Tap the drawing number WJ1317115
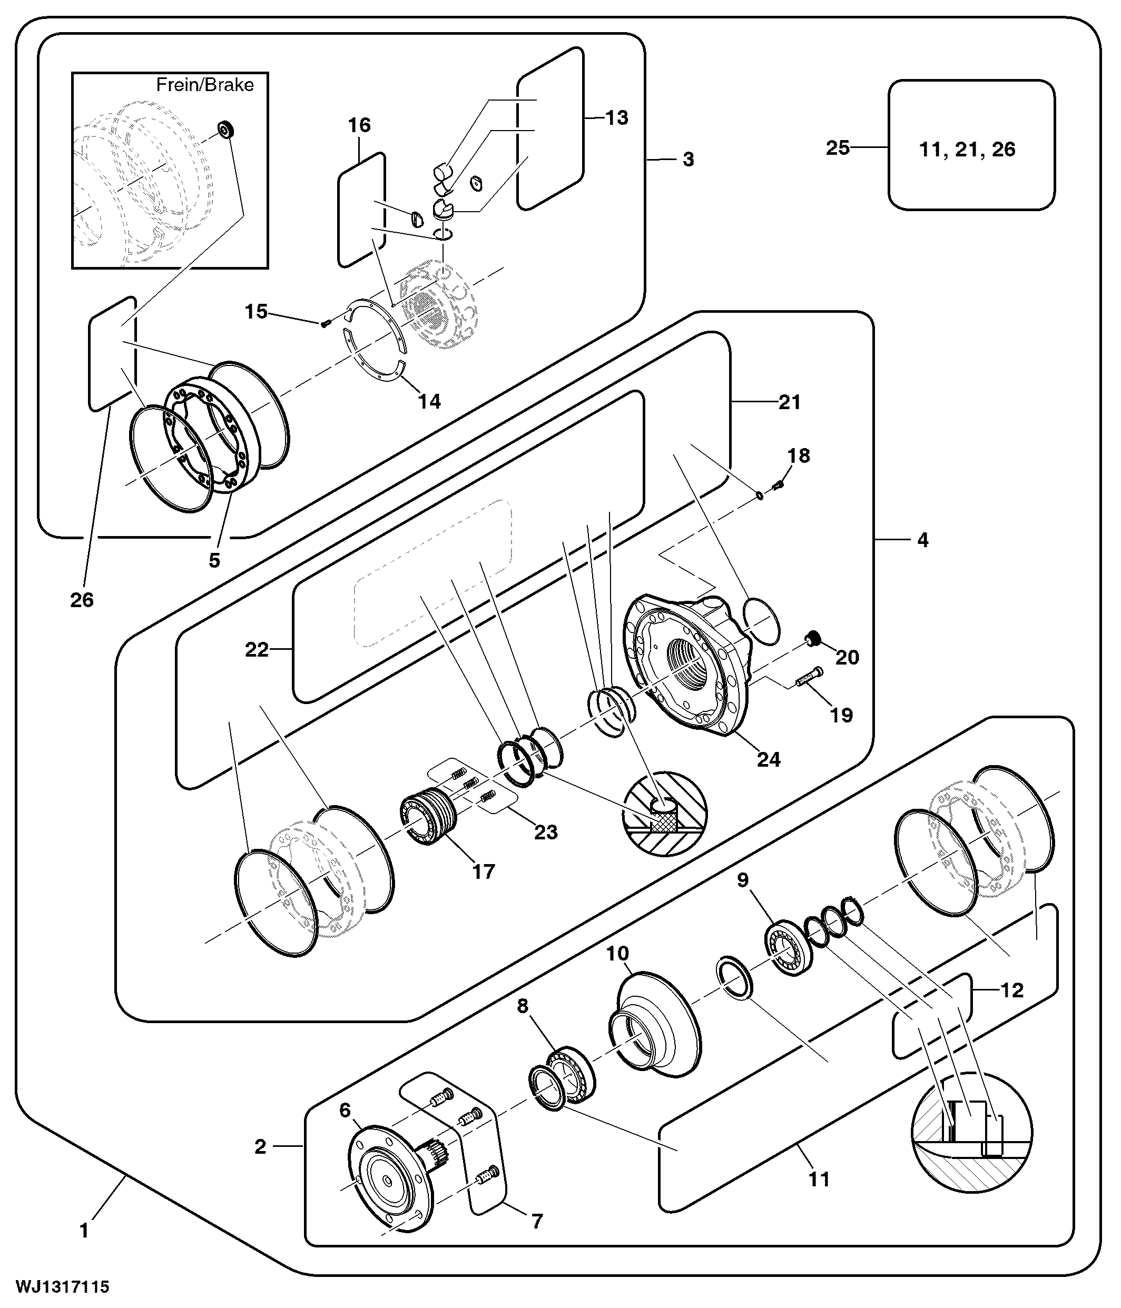63,1286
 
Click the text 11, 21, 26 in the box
967,149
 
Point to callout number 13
616,117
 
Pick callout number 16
359,125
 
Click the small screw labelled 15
325,323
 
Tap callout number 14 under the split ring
429,401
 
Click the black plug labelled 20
812,641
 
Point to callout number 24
768,759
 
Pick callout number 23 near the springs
546,831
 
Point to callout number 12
1012,990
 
